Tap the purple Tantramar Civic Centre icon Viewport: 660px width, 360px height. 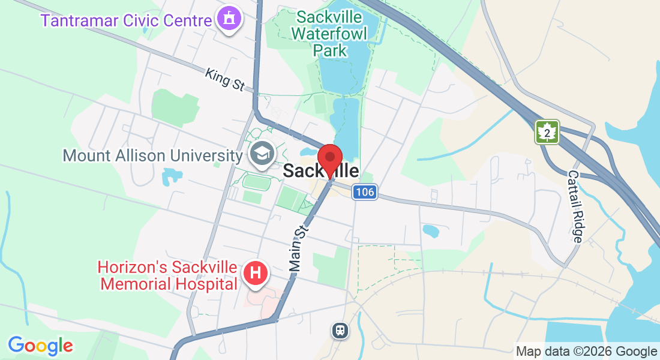228,19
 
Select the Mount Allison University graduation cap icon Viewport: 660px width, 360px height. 261,154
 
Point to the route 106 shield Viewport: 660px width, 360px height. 364,192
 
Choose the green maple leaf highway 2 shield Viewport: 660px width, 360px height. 547,132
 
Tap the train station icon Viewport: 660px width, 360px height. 340,330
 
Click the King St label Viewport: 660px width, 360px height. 224,79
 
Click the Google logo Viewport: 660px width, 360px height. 40,346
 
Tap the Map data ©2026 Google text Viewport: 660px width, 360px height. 587,352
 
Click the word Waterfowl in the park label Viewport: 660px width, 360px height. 329,32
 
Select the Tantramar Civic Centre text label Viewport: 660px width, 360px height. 126,20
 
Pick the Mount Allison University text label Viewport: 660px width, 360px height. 152,156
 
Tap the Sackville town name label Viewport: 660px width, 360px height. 321,171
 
